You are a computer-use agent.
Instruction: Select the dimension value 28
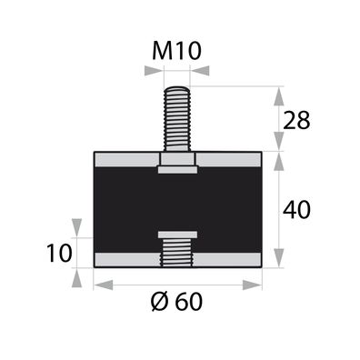(296, 120)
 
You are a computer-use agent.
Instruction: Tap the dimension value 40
(296, 209)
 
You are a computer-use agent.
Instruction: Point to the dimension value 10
(59, 253)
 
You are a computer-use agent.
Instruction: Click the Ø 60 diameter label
(176, 302)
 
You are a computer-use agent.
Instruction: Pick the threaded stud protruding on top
(177, 119)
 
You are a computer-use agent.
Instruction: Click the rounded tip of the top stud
(177, 89)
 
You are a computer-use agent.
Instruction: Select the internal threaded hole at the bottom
(177, 252)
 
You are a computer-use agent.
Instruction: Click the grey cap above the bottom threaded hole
(177, 235)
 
